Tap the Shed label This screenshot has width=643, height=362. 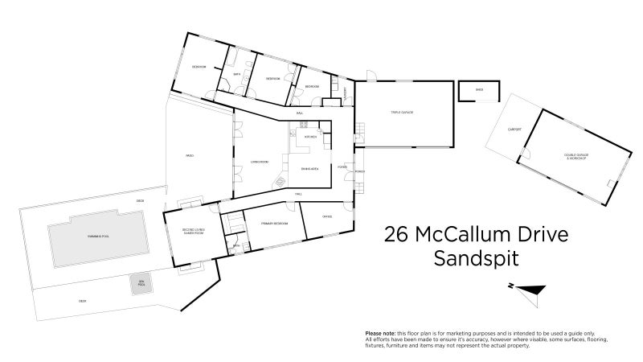pos(479,90)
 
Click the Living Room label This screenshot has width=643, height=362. pos(259,162)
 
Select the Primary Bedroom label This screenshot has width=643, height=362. pos(274,224)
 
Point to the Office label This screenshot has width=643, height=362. pos(327,216)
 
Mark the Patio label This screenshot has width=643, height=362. pos(190,155)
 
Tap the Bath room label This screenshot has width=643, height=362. pos(236,75)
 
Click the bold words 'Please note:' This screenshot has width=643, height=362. pos(383,333)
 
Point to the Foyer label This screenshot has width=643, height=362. pos(342,168)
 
